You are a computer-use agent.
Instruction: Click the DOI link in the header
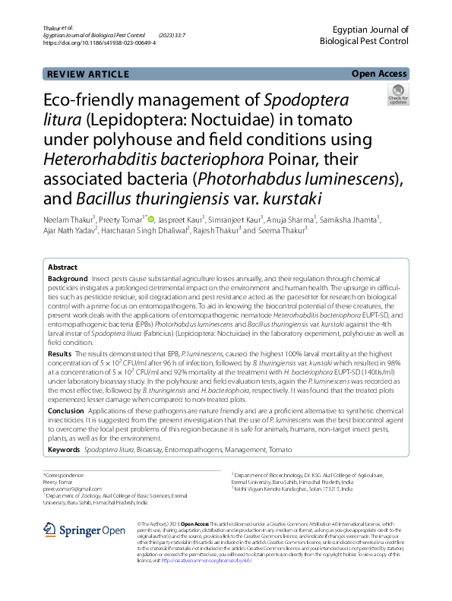[100, 43]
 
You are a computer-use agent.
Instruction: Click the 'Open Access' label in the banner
[380, 74]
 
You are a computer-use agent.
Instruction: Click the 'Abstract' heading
[62, 267]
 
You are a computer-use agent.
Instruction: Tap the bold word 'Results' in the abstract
[60, 355]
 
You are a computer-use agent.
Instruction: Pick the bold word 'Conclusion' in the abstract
[65, 410]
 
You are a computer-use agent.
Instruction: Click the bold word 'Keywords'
[64, 450]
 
